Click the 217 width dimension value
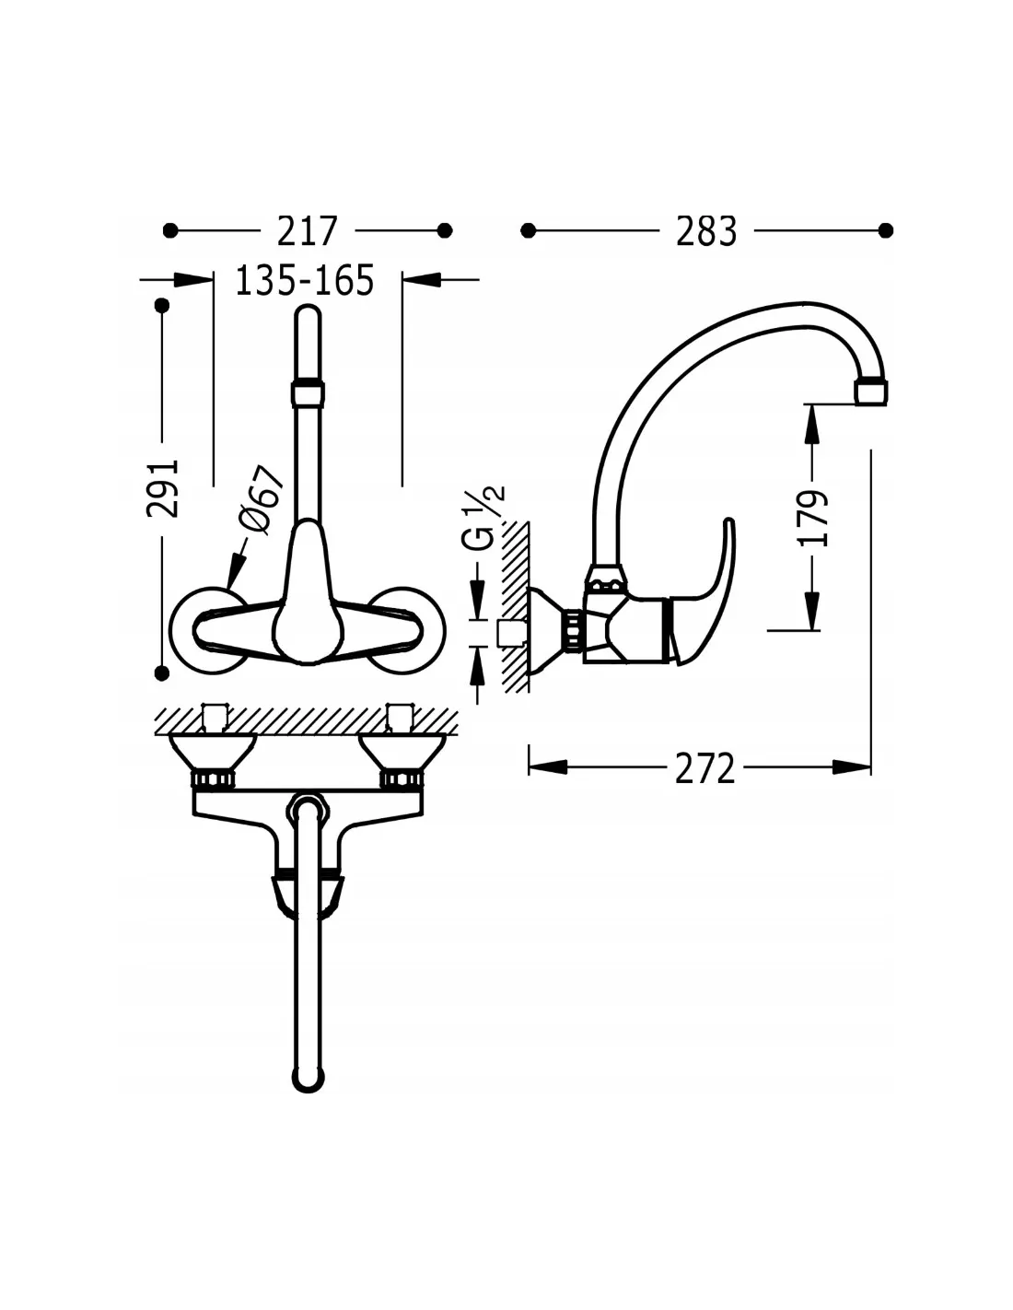[x=306, y=230]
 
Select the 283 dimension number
[x=705, y=231]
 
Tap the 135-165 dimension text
[x=304, y=280]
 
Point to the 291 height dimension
[x=163, y=488]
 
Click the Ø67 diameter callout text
[x=260, y=498]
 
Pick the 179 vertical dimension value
[x=812, y=519]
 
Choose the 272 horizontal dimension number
[x=705, y=767]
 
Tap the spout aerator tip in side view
[x=871, y=392]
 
